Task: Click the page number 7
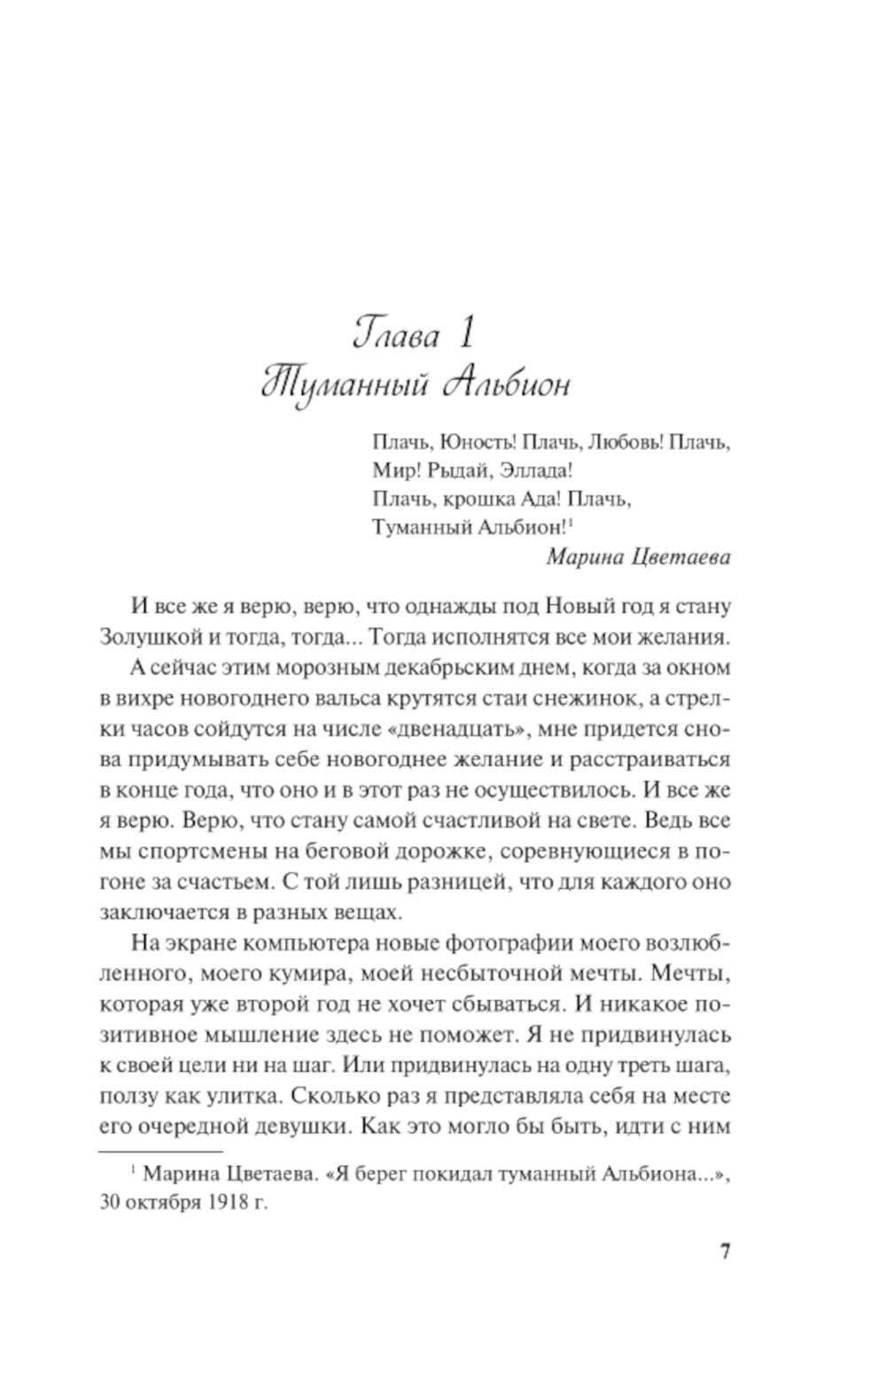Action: coord(725,1252)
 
